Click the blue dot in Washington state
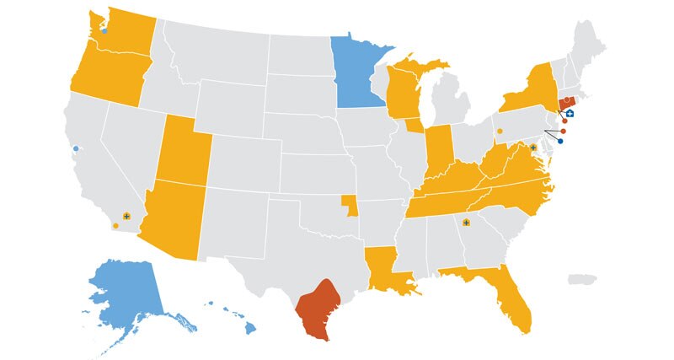[x=104, y=31]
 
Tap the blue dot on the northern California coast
[x=76, y=148]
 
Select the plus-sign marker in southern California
[x=126, y=217]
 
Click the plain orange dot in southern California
[x=115, y=225]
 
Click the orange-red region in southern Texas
[x=317, y=308]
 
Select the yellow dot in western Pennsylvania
[x=500, y=131]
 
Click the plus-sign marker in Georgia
[x=466, y=223]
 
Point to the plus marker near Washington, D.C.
[x=533, y=148]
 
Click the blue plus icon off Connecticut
[x=570, y=112]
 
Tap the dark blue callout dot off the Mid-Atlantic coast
[x=560, y=142]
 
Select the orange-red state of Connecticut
[x=564, y=105]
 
